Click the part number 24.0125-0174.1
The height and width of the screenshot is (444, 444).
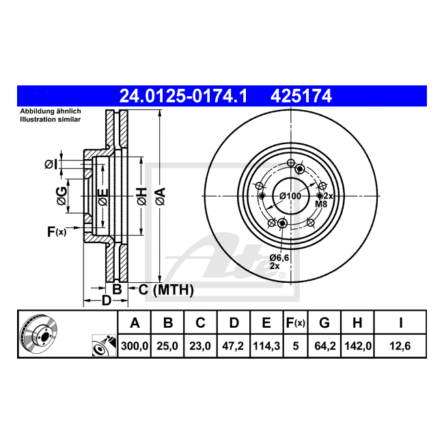click(x=183, y=96)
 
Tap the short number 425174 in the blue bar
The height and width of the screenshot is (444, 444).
click(x=301, y=96)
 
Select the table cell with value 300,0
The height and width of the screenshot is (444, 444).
click(x=135, y=346)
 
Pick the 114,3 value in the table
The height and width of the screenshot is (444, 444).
click(x=266, y=346)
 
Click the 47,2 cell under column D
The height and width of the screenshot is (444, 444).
click(x=233, y=346)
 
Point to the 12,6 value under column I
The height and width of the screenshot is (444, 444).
click(x=400, y=346)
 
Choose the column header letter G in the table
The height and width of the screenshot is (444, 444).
click(x=324, y=323)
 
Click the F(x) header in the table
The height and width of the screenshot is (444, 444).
click(x=296, y=323)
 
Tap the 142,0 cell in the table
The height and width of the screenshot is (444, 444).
click(x=358, y=346)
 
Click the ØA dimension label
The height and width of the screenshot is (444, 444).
click(x=161, y=196)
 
